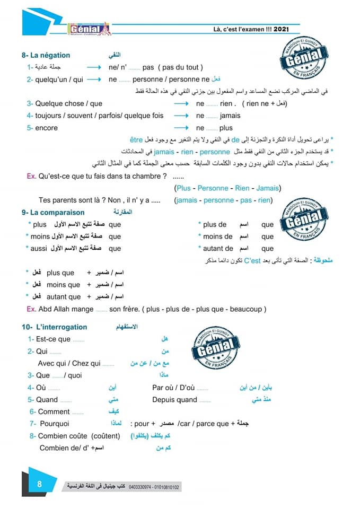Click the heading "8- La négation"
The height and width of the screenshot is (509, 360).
pyautogui.click(x=46, y=55)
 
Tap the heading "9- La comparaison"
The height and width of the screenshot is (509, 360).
pyautogui.click(x=53, y=212)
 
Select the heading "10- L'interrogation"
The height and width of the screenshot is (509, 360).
pyautogui.click(x=55, y=327)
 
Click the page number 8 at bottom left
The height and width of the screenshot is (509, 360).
pyautogui.click(x=39, y=484)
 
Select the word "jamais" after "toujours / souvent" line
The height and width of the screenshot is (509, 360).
pyautogui.click(x=230, y=115)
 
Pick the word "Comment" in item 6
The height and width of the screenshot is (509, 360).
pyautogui.click(x=54, y=411)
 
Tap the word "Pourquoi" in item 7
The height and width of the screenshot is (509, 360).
pyautogui.click(x=55, y=424)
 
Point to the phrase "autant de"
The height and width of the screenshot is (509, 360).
pyautogui.click(x=218, y=248)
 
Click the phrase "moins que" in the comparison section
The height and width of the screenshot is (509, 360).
pyautogui.click(x=64, y=285)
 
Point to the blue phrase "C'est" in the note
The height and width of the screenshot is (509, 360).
pyautogui.click(x=253, y=260)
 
